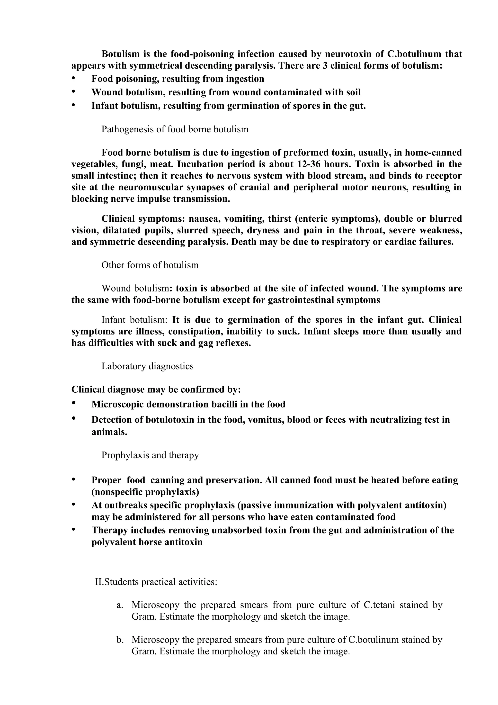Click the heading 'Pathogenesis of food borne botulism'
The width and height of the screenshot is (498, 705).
(175, 129)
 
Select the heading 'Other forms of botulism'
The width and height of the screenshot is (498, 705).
(150, 265)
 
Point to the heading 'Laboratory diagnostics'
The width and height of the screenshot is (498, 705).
(147, 366)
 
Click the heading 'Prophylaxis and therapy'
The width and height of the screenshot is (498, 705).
(150, 455)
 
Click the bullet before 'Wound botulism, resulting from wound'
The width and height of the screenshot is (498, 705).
(73, 91)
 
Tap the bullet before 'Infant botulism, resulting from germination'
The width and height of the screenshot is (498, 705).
(73, 105)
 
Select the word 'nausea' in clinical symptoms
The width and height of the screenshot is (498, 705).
(204, 219)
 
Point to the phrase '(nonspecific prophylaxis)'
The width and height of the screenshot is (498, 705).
(145, 492)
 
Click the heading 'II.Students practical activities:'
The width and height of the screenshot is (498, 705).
(156, 582)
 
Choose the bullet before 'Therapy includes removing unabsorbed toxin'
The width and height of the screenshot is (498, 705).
(73, 530)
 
